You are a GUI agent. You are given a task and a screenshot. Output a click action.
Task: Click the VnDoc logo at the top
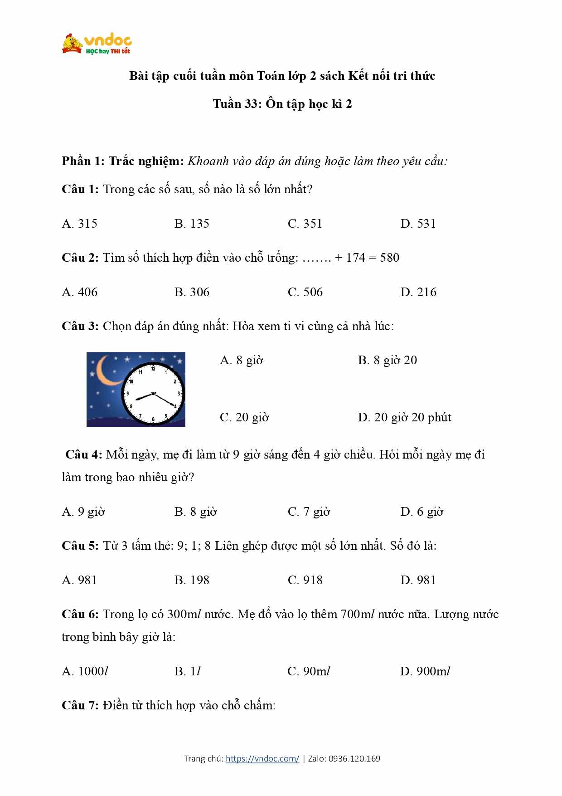click(x=97, y=44)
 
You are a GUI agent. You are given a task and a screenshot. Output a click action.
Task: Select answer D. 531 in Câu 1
click(x=418, y=224)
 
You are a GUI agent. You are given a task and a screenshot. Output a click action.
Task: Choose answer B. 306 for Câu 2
click(x=192, y=292)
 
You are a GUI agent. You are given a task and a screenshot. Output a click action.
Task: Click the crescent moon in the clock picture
click(x=107, y=371)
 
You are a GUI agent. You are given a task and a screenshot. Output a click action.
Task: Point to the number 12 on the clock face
click(x=153, y=369)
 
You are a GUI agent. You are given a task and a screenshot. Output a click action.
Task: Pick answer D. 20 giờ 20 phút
click(x=404, y=417)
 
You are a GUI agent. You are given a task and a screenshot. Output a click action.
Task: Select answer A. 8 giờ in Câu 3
click(x=241, y=361)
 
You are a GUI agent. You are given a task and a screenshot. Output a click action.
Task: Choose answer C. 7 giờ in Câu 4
click(x=309, y=512)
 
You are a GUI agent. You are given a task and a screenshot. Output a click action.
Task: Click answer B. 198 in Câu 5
click(x=192, y=580)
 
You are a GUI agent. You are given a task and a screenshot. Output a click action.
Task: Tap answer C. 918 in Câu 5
click(x=305, y=580)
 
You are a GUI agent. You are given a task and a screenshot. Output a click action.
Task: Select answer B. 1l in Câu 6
click(x=187, y=671)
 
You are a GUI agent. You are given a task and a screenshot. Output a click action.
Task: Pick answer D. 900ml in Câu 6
click(x=425, y=671)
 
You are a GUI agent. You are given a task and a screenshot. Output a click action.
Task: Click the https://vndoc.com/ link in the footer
click(x=262, y=758)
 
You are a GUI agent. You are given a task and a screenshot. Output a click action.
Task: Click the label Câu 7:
click(x=80, y=705)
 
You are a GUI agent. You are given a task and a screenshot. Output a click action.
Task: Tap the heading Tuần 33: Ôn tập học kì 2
click(x=282, y=104)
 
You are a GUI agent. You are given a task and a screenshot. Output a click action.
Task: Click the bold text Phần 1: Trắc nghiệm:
click(x=123, y=161)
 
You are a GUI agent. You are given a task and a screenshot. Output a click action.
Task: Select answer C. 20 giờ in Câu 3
click(x=244, y=417)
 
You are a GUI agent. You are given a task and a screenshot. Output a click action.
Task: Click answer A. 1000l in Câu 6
click(x=85, y=671)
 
